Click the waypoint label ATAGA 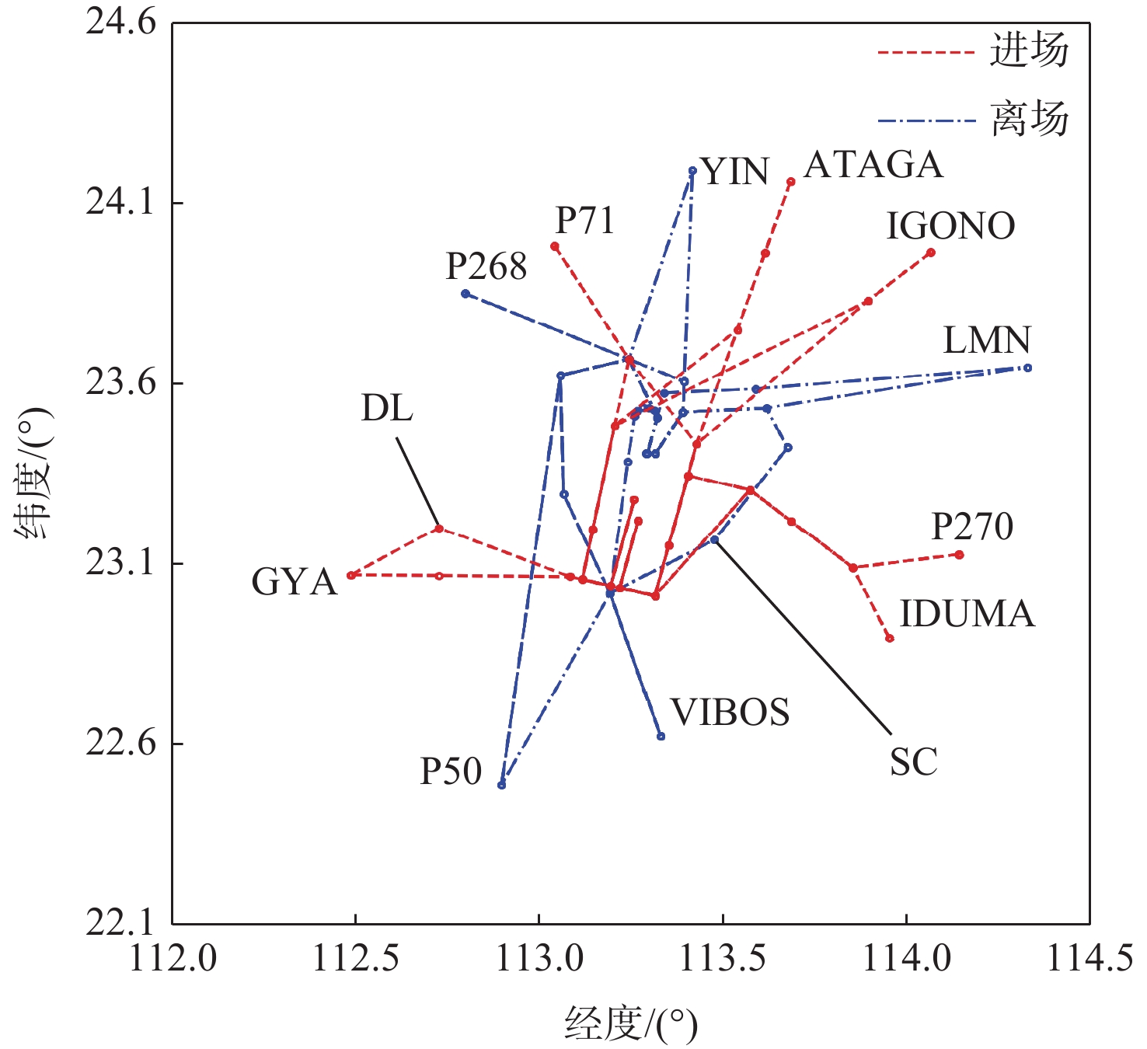[873, 165]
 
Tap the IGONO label [950, 226]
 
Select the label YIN [734, 172]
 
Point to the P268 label [486, 267]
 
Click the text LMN [986, 340]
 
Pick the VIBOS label [730, 713]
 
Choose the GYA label [294, 582]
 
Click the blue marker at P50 [502, 785]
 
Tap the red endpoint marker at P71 [555, 246]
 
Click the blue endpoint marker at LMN [1027, 368]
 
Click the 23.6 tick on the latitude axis [120, 384]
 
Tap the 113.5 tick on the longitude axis [723, 959]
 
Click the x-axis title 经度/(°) [630, 1024]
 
